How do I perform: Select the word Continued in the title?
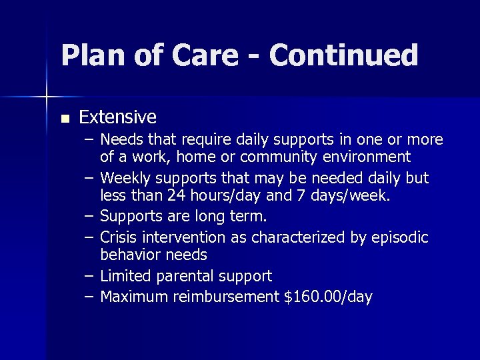[345, 55]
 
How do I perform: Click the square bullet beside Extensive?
[64, 119]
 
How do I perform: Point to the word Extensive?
[117, 118]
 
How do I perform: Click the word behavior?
[129, 255]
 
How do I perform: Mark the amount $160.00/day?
[328, 296]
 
